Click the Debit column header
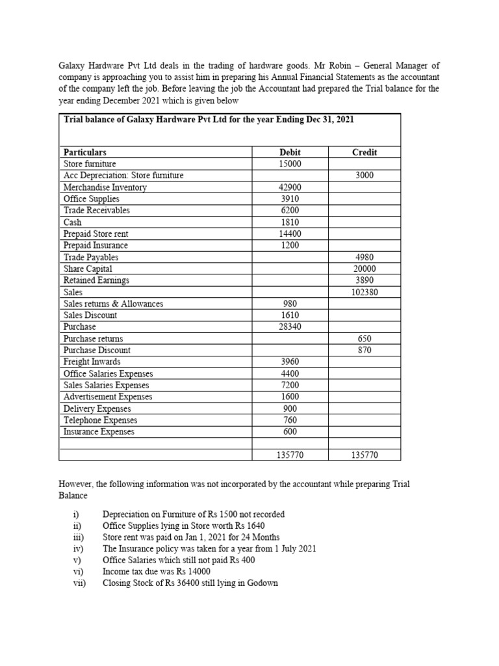[x=289, y=152]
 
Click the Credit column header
[x=365, y=152]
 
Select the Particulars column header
[x=85, y=152]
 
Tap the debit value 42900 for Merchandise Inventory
[x=289, y=187]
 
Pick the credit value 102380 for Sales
[x=365, y=292]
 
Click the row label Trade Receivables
[x=96, y=210]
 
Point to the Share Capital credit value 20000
[x=365, y=269]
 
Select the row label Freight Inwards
[x=92, y=362]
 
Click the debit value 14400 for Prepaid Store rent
[x=289, y=233]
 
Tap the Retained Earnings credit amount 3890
[x=365, y=280]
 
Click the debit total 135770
[x=289, y=456]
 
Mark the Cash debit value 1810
[x=289, y=222]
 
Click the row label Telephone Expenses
[x=100, y=420]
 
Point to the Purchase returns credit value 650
[x=365, y=339]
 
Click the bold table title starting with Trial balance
[x=209, y=120]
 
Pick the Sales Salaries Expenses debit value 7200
[x=289, y=385]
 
